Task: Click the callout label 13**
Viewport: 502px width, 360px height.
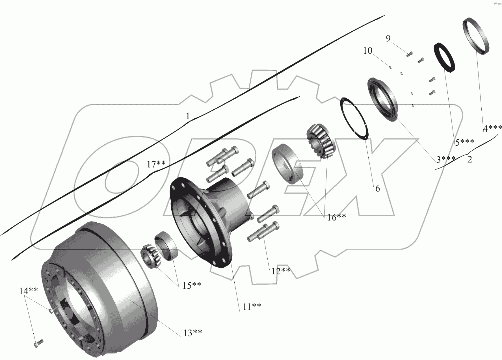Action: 192,333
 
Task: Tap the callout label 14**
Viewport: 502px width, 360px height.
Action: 29,291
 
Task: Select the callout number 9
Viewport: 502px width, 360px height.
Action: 388,39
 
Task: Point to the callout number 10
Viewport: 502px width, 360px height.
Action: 368,51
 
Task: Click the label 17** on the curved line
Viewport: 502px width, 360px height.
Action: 156,164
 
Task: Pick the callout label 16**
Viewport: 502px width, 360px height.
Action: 336,217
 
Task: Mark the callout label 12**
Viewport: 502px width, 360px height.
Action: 281,271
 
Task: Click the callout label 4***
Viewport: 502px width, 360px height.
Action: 492,129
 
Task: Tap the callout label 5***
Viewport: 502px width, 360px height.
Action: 464,142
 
